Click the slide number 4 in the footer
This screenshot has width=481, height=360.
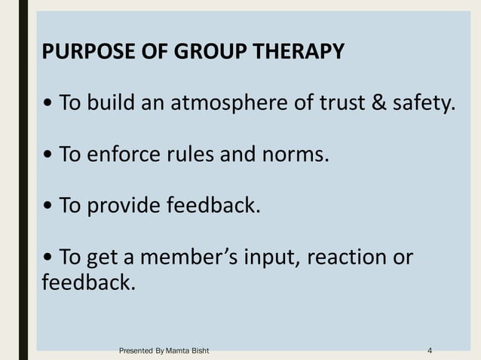(430, 351)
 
